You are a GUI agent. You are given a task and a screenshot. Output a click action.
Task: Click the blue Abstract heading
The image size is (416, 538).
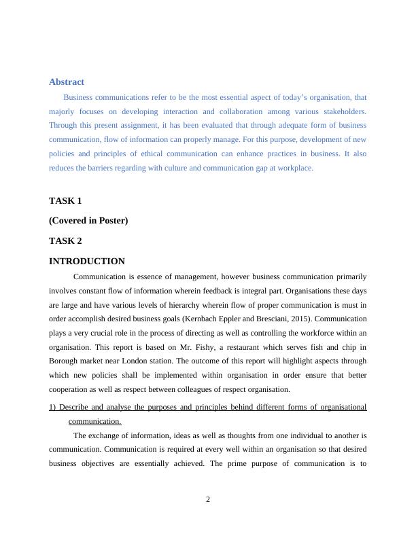tap(67, 82)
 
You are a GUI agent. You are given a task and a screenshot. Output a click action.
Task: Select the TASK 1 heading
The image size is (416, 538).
tap(65, 201)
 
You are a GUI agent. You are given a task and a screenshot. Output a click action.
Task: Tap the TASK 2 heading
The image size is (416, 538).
tap(65, 240)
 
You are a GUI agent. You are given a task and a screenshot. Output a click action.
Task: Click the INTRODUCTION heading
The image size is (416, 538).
tap(87, 261)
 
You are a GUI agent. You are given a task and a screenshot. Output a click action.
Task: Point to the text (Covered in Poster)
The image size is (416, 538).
tap(88, 221)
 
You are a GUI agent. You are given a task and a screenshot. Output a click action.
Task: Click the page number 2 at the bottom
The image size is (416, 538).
tap(208, 500)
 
